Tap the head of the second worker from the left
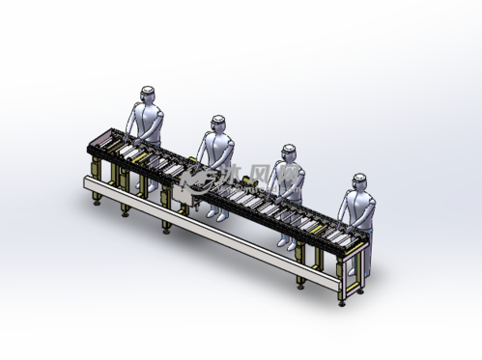(218, 123)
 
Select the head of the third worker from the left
(288, 152)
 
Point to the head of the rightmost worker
(359, 180)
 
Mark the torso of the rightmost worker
(359, 208)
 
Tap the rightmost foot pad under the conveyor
(342, 299)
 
